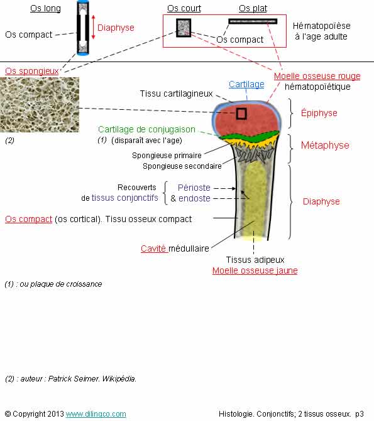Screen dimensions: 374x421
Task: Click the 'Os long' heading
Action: click(x=45, y=8)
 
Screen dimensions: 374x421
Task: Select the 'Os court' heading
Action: click(x=184, y=8)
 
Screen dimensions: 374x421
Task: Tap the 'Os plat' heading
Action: click(x=253, y=8)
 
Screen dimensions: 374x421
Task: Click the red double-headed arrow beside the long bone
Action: click(x=94, y=27)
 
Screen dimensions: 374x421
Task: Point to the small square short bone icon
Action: click(x=184, y=28)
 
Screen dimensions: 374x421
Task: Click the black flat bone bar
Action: click(x=253, y=21)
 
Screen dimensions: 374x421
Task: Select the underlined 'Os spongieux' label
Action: click(x=32, y=71)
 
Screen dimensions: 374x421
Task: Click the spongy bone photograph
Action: click(x=40, y=105)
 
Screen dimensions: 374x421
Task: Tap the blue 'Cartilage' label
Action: click(x=246, y=84)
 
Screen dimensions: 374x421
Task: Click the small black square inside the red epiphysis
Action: click(x=241, y=114)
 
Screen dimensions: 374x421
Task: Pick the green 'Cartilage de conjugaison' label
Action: click(x=146, y=129)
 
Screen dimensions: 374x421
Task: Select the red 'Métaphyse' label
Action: click(x=325, y=146)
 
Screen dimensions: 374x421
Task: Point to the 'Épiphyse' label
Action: click(x=319, y=113)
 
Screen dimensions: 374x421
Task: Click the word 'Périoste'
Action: click(x=194, y=188)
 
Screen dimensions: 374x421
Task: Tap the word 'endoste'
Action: click(x=194, y=198)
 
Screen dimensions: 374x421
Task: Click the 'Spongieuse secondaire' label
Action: click(x=182, y=166)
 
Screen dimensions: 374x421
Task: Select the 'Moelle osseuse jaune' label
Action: click(x=255, y=270)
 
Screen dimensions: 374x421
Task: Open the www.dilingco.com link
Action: click(x=96, y=413)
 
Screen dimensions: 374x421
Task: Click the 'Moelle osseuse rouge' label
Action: click(x=317, y=76)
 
